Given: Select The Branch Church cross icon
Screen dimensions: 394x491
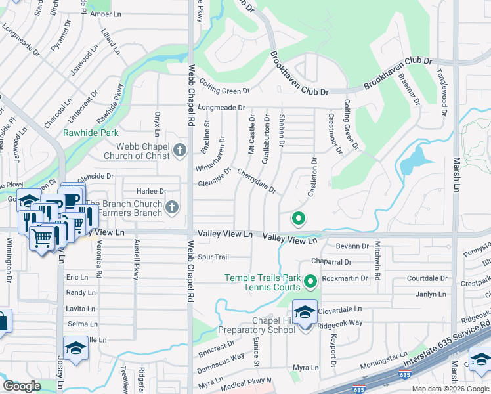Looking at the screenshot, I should click(x=172, y=208).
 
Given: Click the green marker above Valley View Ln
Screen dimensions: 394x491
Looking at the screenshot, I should click(x=298, y=219).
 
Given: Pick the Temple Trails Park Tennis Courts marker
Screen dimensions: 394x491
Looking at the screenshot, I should click(x=310, y=282).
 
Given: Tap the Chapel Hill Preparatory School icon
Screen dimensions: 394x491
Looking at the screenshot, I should click(x=305, y=313).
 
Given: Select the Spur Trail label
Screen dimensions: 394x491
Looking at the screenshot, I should click(x=213, y=257).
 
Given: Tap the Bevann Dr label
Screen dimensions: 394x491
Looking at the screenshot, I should click(x=352, y=246).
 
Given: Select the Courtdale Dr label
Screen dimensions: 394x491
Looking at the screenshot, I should click(x=427, y=278).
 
